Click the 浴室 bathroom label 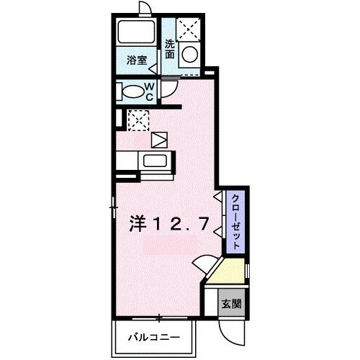pos(138,60)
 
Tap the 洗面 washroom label pos(170,48)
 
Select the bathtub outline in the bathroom pos(137,32)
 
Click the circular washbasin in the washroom pos(190,55)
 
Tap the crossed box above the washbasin pos(190,29)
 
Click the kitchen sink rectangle pos(154,161)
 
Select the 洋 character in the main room pos(139,225)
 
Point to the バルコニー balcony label pos(153,337)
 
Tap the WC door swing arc pos(170,90)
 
